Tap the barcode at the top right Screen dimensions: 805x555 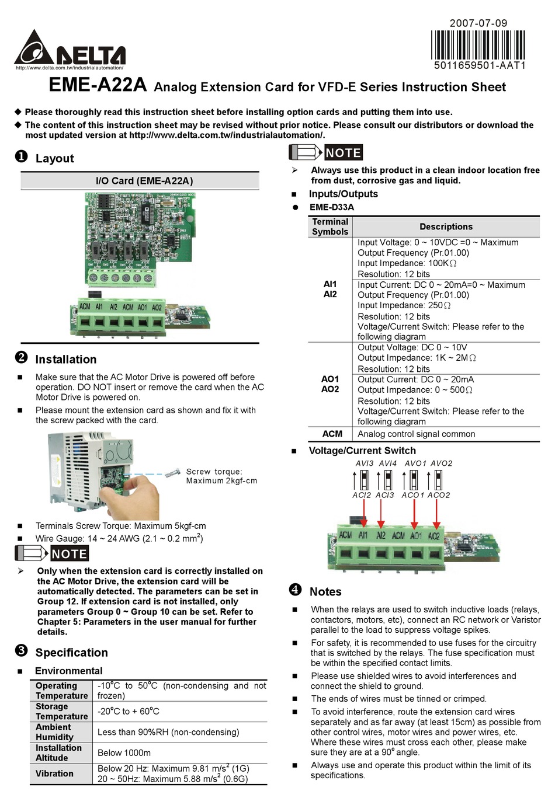[478, 44]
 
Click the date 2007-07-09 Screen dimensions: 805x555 [478, 23]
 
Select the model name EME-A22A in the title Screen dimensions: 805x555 [97, 85]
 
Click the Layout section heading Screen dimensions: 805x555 [54, 158]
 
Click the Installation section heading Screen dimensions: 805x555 [65, 360]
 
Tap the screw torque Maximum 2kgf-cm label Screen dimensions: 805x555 [221, 476]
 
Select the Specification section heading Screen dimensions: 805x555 [71, 653]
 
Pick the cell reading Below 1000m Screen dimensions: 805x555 [124, 753]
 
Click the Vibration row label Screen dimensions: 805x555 [54, 773]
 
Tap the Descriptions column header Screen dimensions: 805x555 [446, 226]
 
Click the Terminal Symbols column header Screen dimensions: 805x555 [330, 226]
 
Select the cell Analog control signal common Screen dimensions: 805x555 [416, 434]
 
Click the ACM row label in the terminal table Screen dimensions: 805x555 [332, 434]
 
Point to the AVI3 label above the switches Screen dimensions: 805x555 [364, 464]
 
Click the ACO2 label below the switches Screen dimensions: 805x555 [438, 495]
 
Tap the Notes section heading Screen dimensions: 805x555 [325, 592]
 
